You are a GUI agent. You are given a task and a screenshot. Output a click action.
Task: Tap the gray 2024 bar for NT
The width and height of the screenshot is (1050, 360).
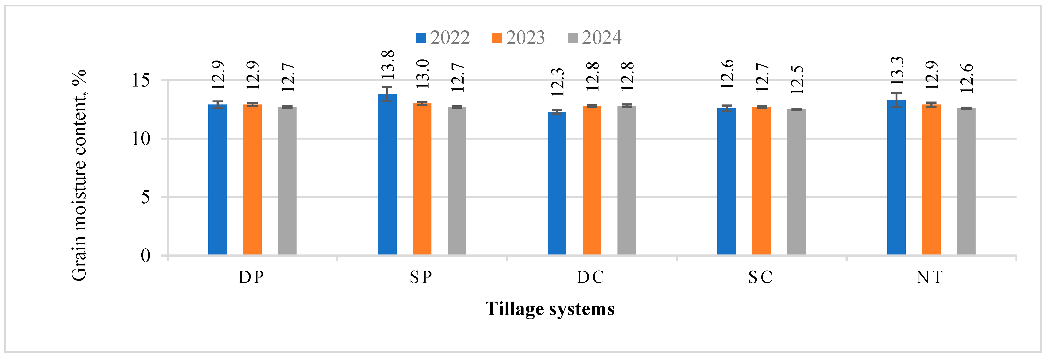(x=966, y=181)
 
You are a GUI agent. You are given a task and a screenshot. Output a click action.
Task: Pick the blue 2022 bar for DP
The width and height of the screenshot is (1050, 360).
(x=217, y=179)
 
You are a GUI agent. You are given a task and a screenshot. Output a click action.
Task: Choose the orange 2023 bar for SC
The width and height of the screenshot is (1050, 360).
(x=761, y=181)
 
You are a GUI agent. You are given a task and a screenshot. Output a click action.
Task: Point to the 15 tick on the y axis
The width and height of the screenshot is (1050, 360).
(x=141, y=80)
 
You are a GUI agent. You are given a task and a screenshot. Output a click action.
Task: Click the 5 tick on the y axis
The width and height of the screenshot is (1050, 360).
(x=146, y=197)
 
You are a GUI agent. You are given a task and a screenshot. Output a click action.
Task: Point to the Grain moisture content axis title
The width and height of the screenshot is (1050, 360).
(x=79, y=175)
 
